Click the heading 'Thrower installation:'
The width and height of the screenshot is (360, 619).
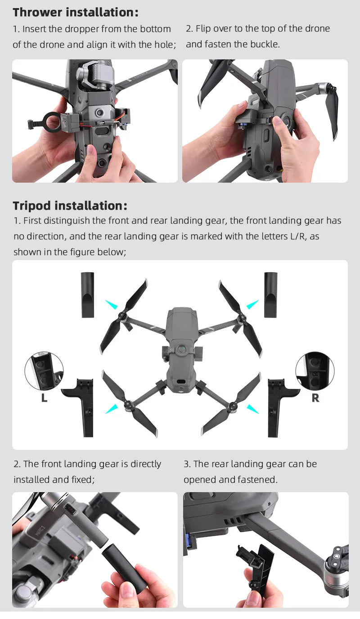(x=76, y=12)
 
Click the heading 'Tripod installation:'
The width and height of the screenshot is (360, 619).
(x=70, y=206)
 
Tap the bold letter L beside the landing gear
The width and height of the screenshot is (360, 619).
(x=44, y=398)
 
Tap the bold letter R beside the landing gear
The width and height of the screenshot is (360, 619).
(x=315, y=398)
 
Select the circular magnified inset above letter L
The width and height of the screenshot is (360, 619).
(x=44, y=371)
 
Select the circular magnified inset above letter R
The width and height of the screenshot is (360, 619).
(x=315, y=371)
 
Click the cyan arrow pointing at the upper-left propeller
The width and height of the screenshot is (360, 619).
(x=111, y=305)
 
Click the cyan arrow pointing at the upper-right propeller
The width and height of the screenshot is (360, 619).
(x=252, y=305)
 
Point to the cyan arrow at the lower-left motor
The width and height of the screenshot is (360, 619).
(x=111, y=408)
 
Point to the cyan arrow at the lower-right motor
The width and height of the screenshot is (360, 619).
(x=253, y=408)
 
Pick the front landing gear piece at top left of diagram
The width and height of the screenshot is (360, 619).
(x=87, y=295)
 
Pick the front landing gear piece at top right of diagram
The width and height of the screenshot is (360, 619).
(x=270, y=295)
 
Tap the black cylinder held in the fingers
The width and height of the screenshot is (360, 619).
(x=124, y=569)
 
